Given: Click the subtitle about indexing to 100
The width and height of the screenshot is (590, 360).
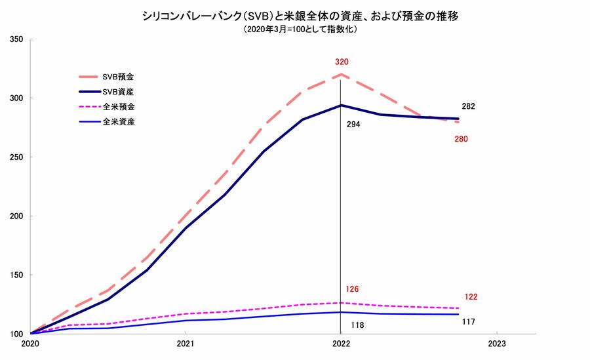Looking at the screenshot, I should coord(295,30).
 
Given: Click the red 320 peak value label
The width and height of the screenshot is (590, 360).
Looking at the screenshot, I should coord(341,62).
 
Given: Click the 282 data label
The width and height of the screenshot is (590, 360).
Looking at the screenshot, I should coord(468,106).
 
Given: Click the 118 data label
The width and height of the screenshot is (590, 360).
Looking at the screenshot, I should coord(357,325).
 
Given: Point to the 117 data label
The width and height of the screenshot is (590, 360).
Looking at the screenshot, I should coord(467,321).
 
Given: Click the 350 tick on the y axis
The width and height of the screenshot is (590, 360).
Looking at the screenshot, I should coord(17,39).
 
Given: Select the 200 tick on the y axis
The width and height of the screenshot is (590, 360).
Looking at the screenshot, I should coord(17,216).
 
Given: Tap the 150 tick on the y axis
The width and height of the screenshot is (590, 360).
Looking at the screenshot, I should coord(17,275).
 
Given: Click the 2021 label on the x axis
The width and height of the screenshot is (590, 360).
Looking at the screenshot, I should coord(186,343).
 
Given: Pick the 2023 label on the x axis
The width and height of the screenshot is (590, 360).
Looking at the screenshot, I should coord(497,343).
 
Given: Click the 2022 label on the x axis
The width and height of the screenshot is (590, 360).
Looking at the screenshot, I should coord(341,343).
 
